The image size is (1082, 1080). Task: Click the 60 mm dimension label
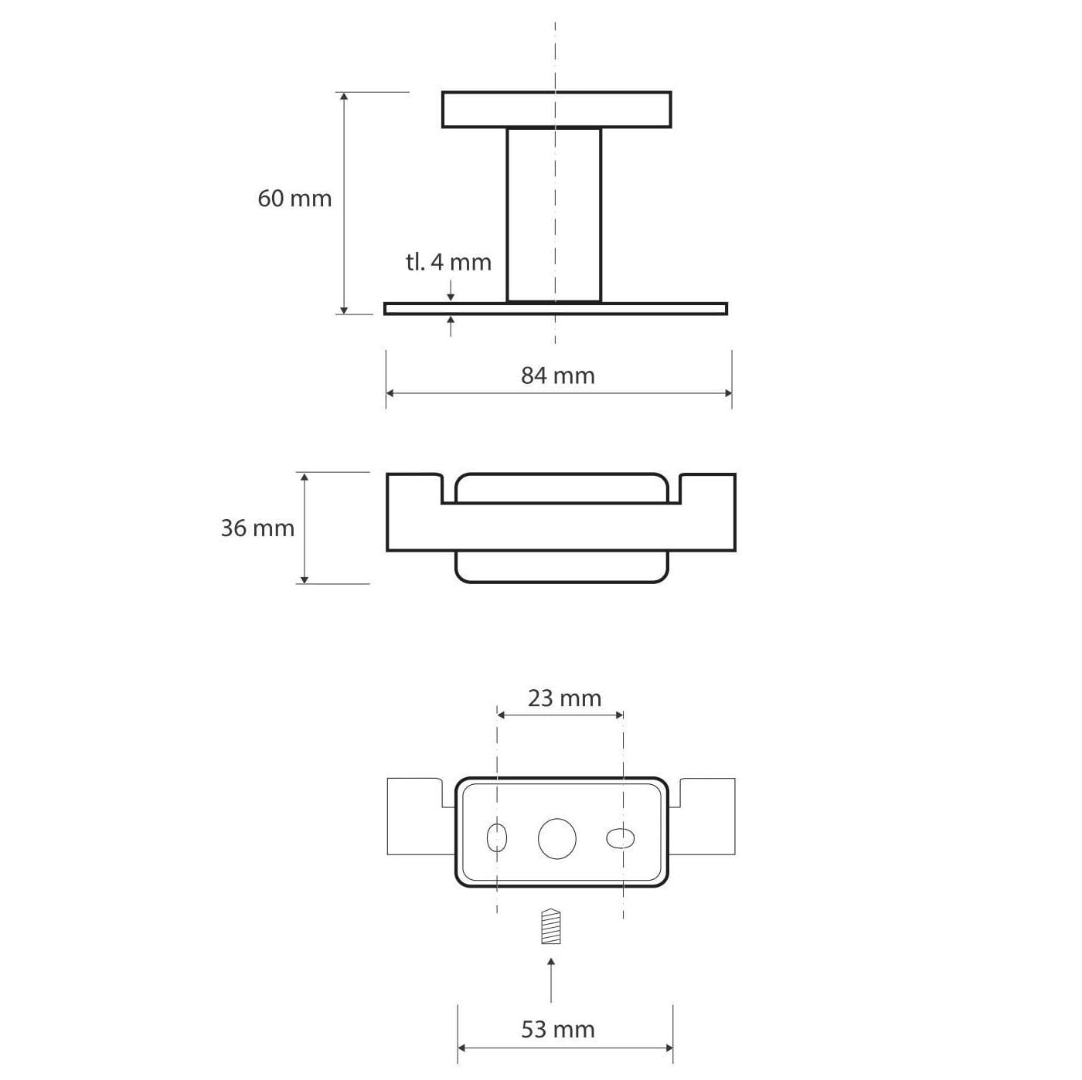(x=294, y=199)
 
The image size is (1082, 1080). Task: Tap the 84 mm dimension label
(x=557, y=375)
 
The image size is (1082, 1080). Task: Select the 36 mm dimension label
(x=257, y=528)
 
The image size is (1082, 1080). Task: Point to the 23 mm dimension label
(x=563, y=698)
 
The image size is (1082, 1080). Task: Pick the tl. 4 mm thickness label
(x=448, y=262)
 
